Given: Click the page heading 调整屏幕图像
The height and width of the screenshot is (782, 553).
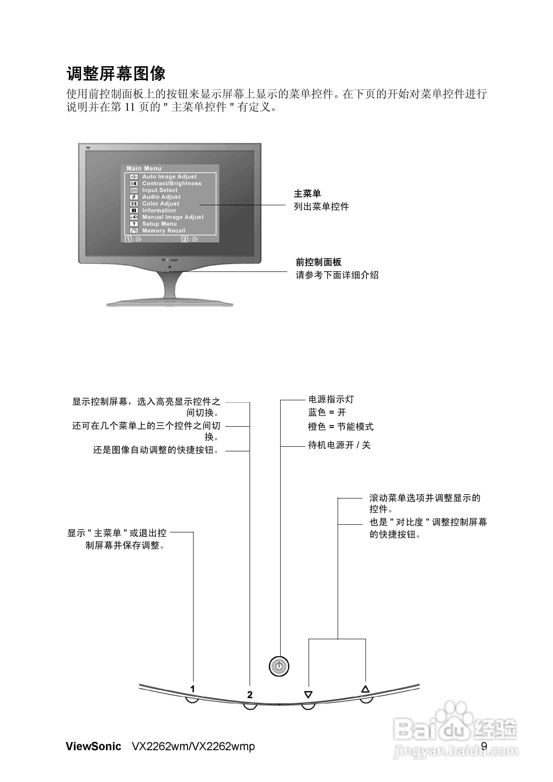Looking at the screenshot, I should [x=116, y=74].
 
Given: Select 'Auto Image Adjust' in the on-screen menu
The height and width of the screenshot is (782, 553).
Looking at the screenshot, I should [x=169, y=176].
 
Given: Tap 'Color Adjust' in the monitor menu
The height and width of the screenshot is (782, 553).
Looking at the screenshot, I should [x=161, y=204].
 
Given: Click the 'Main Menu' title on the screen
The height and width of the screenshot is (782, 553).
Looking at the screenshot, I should [x=144, y=168].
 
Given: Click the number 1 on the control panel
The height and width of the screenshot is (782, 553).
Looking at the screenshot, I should [x=192, y=689].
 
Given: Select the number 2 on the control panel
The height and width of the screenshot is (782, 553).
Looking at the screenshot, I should [x=250, y=694].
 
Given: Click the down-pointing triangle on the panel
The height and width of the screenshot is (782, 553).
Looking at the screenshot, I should [x=308, y=694].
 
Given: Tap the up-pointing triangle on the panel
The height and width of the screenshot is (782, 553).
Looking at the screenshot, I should [x=365, y=689].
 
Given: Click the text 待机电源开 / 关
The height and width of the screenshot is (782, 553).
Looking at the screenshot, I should [x=339, y=445].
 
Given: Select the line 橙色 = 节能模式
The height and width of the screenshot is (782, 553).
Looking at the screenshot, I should [x=341, y=427].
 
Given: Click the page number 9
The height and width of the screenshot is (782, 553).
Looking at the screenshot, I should [x=484, y=746].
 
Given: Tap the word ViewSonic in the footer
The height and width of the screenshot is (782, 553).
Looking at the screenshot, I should [x=93, y=746].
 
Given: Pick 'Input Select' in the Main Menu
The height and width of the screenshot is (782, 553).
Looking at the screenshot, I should [x=160, y=190].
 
